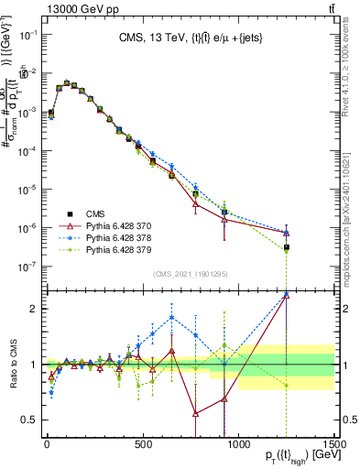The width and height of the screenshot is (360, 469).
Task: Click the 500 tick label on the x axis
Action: [x=143, y=441]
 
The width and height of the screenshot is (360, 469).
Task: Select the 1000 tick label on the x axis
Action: [x=239, y=441]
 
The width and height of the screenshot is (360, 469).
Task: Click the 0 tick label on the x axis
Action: [x=47, y=441]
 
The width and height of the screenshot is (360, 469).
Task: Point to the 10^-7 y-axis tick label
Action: [x=28, y=267]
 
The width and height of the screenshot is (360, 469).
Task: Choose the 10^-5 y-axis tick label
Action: [x=28, y=190]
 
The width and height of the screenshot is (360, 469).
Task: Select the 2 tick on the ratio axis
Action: [x=34, y=309]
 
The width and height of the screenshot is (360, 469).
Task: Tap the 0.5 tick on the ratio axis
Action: [x=30, y=420]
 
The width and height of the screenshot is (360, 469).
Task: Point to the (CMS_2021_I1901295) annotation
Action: [x=190, y=274]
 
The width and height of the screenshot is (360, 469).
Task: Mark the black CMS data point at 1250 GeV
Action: [x=287, y=247]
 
